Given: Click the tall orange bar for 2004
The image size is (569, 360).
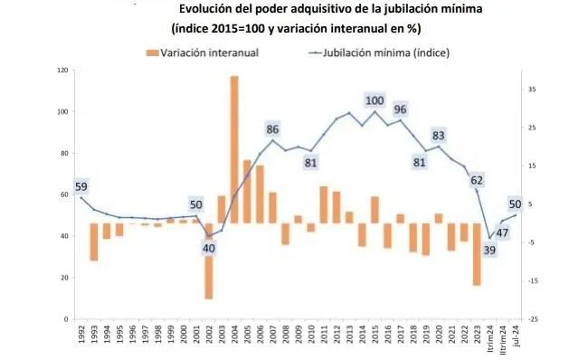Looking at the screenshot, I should [234, 149].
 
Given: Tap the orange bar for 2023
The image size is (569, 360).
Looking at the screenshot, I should [476, 254].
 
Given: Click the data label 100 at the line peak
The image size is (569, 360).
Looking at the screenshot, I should [375, 100].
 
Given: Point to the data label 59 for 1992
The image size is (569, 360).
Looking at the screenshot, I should [81, 187].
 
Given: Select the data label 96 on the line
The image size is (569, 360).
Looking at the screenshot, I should [400, 109].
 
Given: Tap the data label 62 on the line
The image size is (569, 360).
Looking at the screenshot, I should [476, 180].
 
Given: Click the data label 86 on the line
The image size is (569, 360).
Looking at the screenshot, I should [272, 128].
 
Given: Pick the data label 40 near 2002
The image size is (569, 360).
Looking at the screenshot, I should [209, 248].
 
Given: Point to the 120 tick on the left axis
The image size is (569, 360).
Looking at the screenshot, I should [62, 70].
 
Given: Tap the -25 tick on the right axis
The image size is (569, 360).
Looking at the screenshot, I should [534, 319].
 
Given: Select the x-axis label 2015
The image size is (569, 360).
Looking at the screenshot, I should [375, 339].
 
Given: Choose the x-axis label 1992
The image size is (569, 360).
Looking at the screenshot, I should [81, 339].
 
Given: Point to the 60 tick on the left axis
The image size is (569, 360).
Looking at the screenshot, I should [64, 194].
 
